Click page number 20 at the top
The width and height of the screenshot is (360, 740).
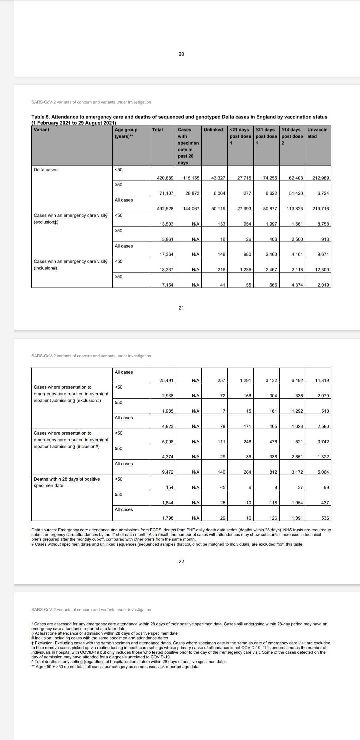[181, 54]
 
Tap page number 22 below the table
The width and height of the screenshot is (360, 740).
[181, 562]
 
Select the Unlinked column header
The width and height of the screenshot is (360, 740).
[213, 130]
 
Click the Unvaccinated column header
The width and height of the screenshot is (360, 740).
[317, 133]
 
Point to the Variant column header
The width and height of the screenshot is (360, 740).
[41, 130]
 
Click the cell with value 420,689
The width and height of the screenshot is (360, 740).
[165, 178]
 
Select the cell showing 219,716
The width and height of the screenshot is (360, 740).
[321, 209]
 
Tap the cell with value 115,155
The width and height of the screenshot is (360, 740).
[191, 178]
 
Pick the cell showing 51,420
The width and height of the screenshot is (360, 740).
[296, 193]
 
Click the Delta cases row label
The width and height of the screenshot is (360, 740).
[46, 170]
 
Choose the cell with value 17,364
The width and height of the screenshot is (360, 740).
[166, 254]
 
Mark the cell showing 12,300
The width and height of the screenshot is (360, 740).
[322, 270]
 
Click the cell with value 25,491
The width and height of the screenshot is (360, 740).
[166, 380]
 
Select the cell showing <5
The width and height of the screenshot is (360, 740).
[222, 487]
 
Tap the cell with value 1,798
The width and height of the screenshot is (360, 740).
[168, 518]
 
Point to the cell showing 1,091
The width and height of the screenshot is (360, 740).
[297, 518]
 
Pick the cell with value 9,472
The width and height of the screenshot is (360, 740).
[168, 472]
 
